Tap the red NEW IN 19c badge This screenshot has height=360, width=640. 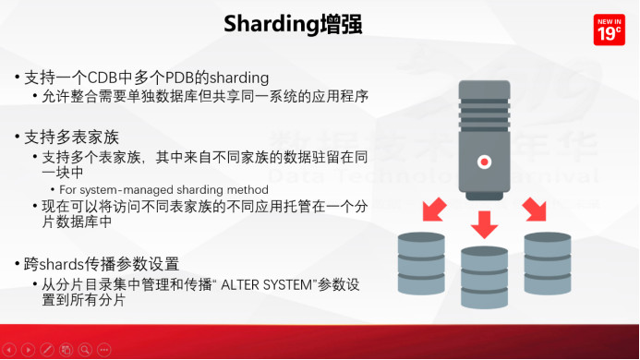[608, 30]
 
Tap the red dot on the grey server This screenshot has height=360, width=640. [482, 162]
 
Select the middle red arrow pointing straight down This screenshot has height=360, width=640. [484, 222]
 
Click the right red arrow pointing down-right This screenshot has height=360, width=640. [535, 211]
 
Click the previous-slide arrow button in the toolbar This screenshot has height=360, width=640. [9, 350]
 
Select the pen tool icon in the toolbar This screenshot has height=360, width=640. [46, 350]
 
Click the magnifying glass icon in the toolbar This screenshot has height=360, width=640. [84, 350]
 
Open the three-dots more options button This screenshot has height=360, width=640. [103, 350]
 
